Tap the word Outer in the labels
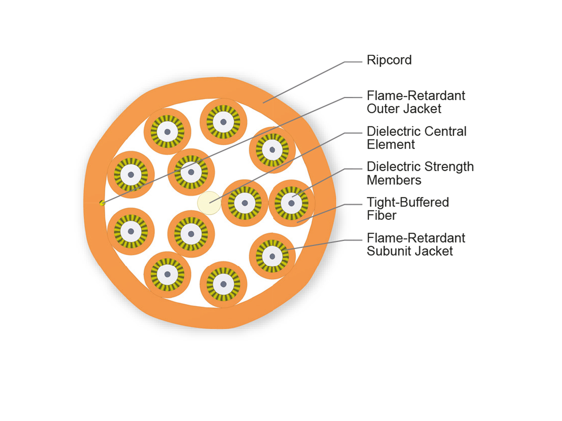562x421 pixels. pyautogui.click(x=383, y=109)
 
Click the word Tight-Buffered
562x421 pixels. pyautogui.click(x=408, y=203)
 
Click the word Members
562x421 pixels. pyautogui.click(x=394, y=180)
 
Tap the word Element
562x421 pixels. pyautogui.click(x=391, y=145)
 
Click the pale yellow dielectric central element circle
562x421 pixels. pyautogui.click(x=209, y=203)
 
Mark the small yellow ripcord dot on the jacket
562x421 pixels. pyautogui.click(x=102, y=203)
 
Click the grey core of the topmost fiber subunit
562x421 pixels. pyautogui.click(x=223, y=122)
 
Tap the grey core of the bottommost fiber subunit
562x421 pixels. pyautogui.click(x=223, y=284)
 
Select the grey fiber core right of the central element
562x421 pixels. pyautogui.click(x=245, y=203)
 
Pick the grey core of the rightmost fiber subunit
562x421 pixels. pyautogui.click(x=291, y=203)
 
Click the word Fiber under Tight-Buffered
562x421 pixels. pyautogui.click(x=382, y=215)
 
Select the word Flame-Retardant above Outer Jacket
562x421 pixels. pyautogui.click(x=416, y=95)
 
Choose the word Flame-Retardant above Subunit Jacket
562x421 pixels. pyautogui.click(x=416, y=238)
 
